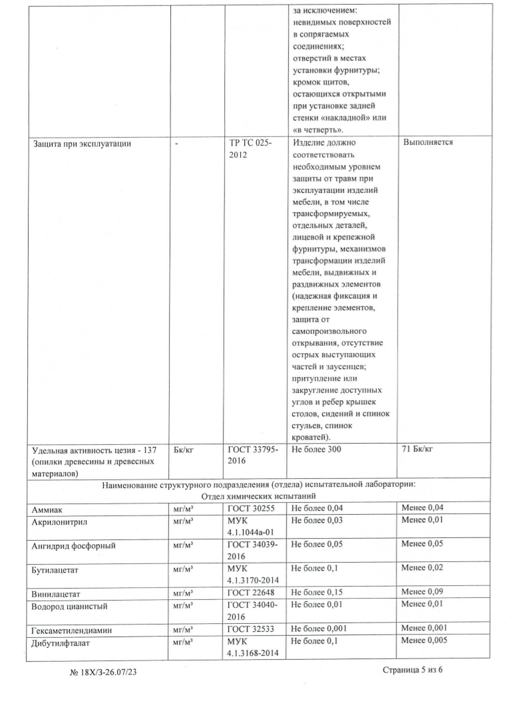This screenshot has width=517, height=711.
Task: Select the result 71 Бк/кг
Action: (417, 450)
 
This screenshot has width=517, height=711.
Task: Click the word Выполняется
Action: (428, 143)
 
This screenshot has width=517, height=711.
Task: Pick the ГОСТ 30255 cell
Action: (252, 508)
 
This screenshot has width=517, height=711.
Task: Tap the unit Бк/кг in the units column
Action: (183, 450)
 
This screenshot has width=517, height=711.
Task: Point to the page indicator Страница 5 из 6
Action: (413, 669)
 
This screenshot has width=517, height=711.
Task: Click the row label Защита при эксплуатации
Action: (83, 143)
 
